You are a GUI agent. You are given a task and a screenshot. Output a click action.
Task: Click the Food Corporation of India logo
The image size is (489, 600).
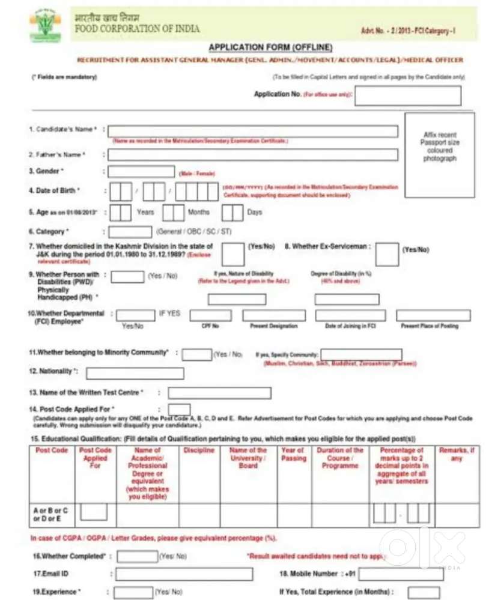(45, 25)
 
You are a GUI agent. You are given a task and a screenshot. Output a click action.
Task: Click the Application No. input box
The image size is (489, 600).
(407, 95)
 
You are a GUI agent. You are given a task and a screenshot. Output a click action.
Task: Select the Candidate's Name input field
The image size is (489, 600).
(252, 131)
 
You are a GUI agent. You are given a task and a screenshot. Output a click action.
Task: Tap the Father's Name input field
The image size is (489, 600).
(252, 155)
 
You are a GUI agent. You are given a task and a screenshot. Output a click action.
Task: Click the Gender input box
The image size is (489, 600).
(141, 172)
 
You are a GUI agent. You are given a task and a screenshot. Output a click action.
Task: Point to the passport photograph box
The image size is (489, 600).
(439, 147)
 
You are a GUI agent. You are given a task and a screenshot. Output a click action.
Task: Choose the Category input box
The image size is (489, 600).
(130, 232)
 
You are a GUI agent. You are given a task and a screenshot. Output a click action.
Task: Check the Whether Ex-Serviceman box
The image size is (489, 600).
(387, 253)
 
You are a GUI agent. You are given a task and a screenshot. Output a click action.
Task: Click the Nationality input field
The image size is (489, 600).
(135, 373)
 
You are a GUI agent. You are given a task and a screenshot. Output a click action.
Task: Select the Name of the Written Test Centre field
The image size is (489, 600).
(219, 393)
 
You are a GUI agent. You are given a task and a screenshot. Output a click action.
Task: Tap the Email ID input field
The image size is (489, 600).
(184, 574)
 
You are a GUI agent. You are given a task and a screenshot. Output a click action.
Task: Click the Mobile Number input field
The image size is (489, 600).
(401, 574)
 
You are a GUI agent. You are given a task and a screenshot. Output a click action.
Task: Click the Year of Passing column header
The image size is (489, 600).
(294, 454)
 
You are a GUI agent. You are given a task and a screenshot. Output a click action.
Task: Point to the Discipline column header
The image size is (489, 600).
(199, 450)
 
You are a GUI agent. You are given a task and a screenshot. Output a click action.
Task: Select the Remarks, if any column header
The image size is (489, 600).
(457, 454)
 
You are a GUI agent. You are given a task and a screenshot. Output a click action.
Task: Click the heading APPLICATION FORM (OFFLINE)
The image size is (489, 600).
(270, 47)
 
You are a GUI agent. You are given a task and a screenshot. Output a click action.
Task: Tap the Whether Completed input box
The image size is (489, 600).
(137, 556)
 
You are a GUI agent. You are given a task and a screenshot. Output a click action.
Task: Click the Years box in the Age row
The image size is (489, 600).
(121, 213)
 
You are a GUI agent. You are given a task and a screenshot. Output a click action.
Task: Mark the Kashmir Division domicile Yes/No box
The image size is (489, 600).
(232, 253)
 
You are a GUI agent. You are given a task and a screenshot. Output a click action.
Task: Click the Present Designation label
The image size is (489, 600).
(273, 326)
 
